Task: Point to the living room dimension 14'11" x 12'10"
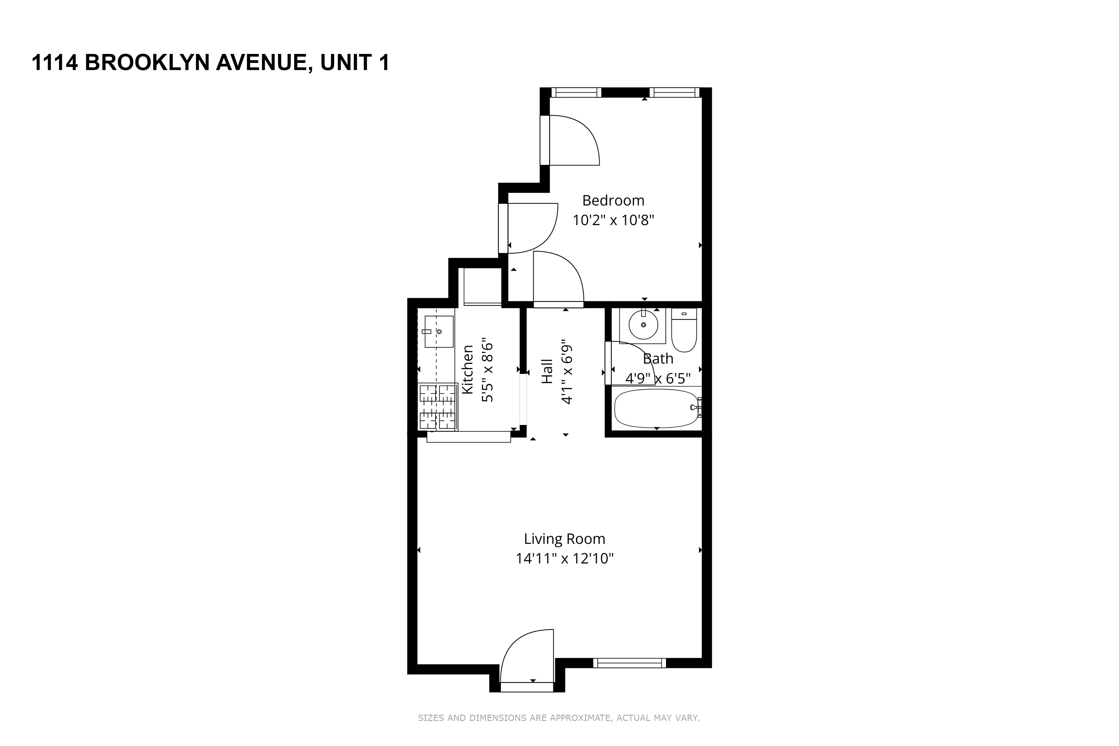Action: pos(564,558)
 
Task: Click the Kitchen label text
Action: pos(468,369)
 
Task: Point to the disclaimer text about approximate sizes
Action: pos(559,718)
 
